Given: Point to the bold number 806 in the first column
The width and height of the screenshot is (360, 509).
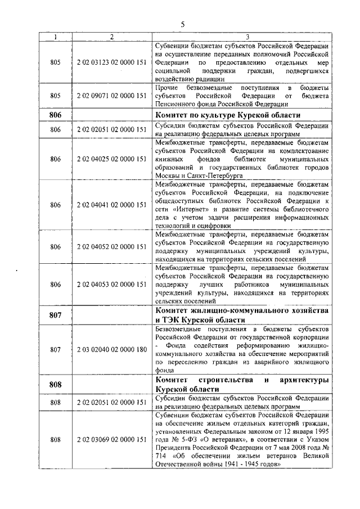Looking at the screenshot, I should coord(55,115).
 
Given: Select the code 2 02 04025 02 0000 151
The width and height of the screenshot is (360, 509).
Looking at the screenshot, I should coord(111,159).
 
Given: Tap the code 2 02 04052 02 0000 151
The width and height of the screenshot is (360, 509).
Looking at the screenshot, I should coord(111,246).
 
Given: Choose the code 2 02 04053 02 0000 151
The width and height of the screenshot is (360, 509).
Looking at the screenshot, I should coord(111,285).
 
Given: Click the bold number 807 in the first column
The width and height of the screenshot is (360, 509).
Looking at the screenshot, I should coord(55,315).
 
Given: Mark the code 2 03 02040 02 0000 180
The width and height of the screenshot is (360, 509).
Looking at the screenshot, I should coord(111,349).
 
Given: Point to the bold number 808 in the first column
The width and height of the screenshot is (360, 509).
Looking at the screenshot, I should coord(55,385).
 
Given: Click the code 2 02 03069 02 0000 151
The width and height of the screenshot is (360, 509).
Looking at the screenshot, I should coord(111,439).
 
